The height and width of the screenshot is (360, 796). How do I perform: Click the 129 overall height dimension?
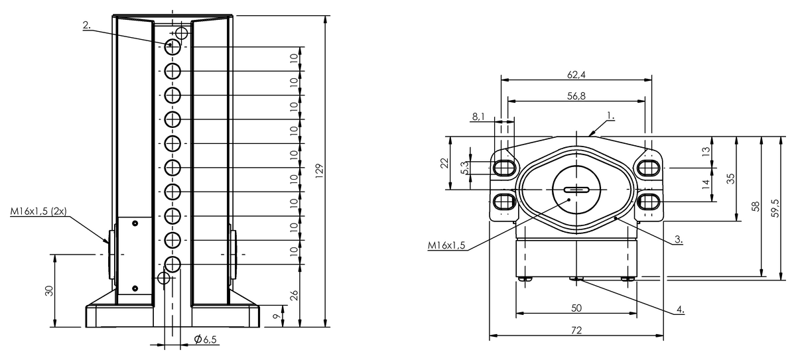click(320, 171)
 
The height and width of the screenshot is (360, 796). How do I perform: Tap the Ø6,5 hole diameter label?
click(206, 339)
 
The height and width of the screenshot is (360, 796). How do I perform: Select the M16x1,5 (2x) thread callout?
click(38, 211)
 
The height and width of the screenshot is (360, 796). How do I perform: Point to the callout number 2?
click(87, 25)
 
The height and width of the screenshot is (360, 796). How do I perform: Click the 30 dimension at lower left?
click(49, 291)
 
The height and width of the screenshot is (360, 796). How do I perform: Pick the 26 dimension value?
click(294, 296)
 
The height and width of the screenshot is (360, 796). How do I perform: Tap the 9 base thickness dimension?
click(277, 316)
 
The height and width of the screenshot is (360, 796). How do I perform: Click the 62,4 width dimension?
click(576, 74)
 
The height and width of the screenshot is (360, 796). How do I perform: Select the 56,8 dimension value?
click(576, 96)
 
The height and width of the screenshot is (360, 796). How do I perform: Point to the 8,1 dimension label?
click(478, 117)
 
